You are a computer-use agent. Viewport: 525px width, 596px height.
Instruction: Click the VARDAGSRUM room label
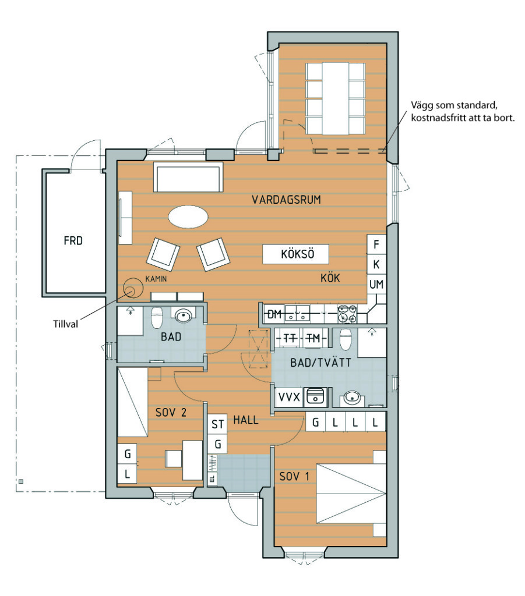286,200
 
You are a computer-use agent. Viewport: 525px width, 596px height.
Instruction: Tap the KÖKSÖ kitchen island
295,254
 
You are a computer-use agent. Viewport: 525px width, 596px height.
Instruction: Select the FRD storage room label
73,240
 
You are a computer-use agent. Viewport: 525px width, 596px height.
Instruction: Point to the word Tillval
65,324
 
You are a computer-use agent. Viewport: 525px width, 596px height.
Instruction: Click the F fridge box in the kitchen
376,244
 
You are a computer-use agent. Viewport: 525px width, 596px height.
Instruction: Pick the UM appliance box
376,284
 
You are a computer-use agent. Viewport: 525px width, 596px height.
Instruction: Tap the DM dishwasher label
274,314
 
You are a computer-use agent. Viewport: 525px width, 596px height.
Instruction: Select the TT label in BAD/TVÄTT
290,338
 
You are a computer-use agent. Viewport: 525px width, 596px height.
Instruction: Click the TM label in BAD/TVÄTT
313,338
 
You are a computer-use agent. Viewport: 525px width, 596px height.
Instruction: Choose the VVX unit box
290,397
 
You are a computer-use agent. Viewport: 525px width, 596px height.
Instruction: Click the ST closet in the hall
217,424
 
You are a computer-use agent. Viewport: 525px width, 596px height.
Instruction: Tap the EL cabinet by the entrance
212,478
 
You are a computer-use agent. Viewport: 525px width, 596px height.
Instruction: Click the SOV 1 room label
294,476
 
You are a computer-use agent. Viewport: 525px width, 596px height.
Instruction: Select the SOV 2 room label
171,413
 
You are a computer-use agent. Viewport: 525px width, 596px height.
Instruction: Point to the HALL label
246,420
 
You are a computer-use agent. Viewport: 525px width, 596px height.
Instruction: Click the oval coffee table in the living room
188,217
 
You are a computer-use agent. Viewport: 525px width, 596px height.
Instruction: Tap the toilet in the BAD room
157,317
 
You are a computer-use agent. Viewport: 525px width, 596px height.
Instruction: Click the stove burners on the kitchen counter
347,314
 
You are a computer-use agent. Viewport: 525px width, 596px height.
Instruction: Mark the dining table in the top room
336,98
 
